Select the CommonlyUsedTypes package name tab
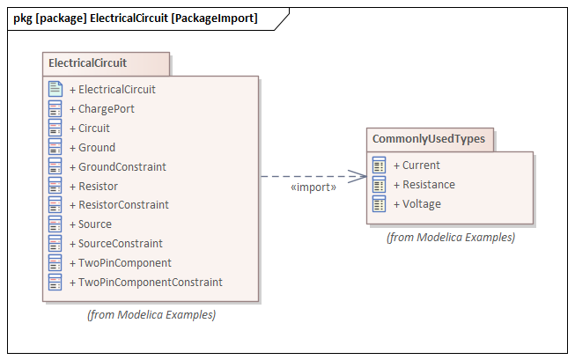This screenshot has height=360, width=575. [x=430, y=139]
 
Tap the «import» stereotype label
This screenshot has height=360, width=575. [x=313, y=187]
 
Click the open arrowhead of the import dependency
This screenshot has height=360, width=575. [x=358, y=176]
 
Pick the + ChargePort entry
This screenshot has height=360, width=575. [x=107, y=109]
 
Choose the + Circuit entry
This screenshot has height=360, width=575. [x=94, y=129]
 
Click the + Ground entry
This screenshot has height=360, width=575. [x=97, y=148]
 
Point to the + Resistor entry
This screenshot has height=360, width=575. [x=98, y=186]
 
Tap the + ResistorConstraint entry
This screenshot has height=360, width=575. [x=123, y=205]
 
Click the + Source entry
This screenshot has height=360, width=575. [x=95, y=224]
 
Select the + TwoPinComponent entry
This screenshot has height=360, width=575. [x=124, y=263]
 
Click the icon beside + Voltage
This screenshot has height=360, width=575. [x=380, y=204]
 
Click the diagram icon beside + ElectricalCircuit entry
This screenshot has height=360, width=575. [x=55, y=90]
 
